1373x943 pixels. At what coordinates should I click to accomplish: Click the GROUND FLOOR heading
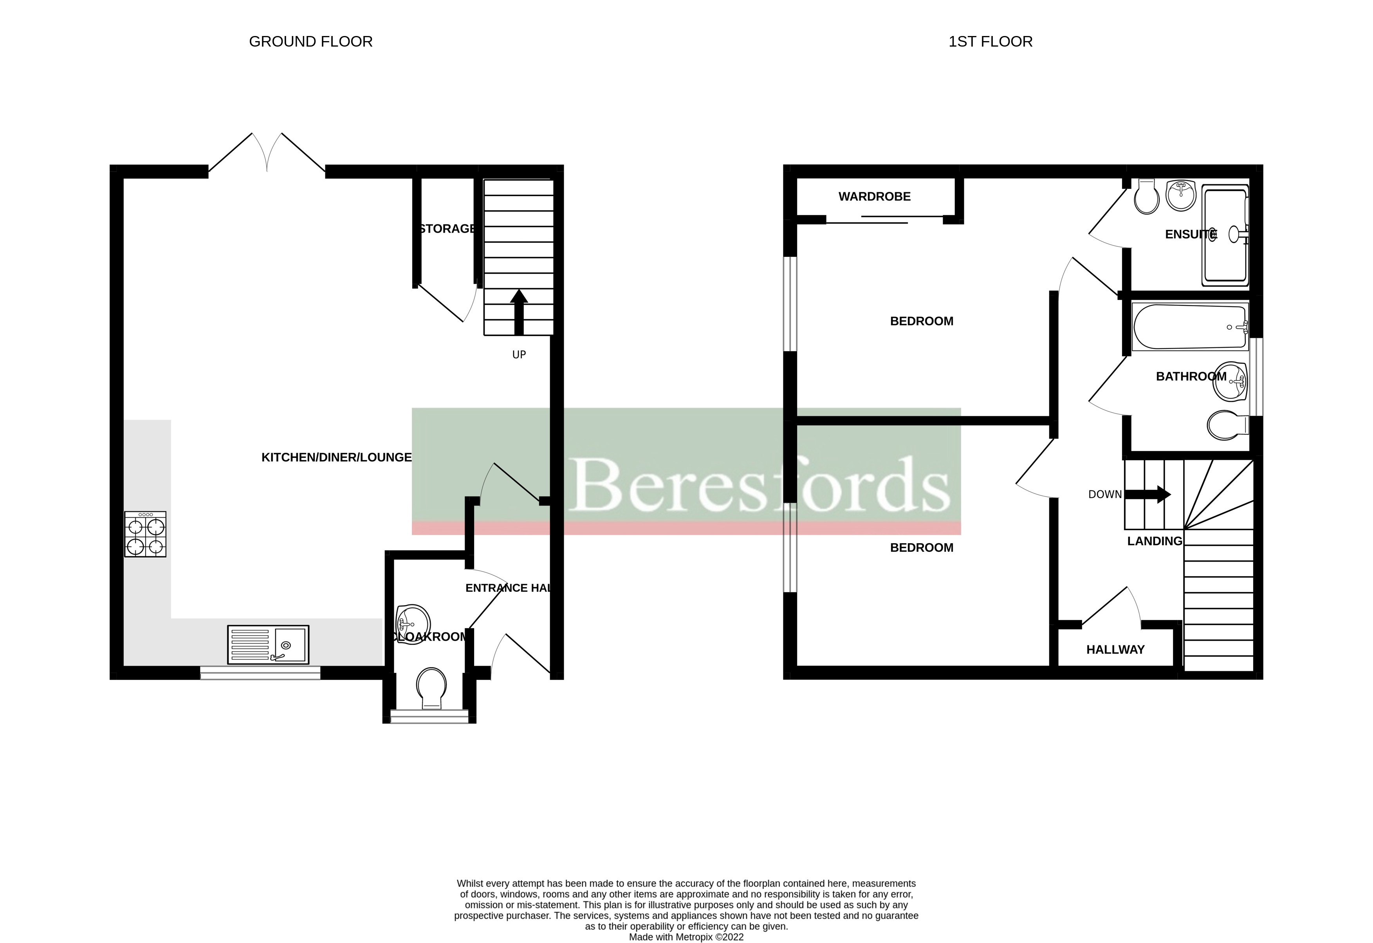(311, 42)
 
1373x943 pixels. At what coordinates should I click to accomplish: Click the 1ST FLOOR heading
(990, 42)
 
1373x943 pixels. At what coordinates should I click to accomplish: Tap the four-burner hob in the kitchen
(145, 534)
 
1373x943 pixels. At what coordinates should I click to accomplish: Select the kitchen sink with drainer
(268, 645)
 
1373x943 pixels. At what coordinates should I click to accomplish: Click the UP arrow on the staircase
(519, 312)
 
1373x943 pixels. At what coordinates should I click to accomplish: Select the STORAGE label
(447, 229)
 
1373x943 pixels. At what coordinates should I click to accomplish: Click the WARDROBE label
(874, 197)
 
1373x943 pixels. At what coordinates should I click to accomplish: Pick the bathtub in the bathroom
(1190, 327)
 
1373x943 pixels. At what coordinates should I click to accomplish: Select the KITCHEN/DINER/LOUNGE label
(336, 457)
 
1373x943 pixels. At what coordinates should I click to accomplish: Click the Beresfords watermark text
(759, 484)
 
